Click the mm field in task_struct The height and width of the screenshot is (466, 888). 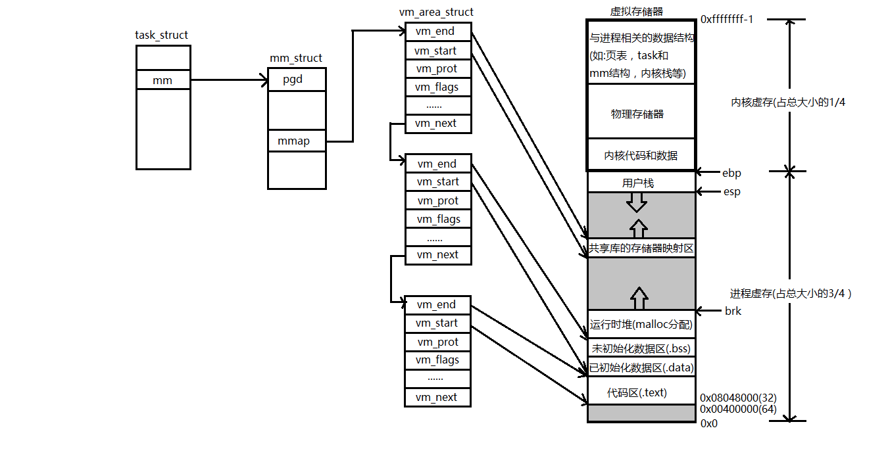pyautogui.click(x=163, y=80)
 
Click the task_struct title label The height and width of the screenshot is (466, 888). pyautogui.click(x=161, y=35)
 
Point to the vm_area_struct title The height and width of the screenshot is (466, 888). pyautogui.click(x=436, y=12)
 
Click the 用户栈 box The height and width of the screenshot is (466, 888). pyautogui.click(x=641, y=182)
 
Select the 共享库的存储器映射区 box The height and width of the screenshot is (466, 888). pyautogui.click(x=641, y=248)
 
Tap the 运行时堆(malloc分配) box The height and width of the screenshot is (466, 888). pyautogui.click(x=641, y=324)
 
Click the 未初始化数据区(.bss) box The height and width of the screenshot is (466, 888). pyautogui.click(x=641, y=348)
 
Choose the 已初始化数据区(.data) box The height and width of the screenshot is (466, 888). pyautogui.click(x=641, y=367)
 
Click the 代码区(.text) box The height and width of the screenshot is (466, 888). pyautogui.click(x=641, y=392)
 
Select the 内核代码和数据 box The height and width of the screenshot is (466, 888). pyautogui.click(x=641, y=156)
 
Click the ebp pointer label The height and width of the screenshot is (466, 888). pyautogui.click(x=731, y=173)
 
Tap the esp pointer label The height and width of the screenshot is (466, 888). pyautogui.click(x=731, y=192)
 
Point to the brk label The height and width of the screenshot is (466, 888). pyautogui.click(x=733, y=311)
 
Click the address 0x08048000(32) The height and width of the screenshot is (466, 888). pyautogui.click(x=738, y=398)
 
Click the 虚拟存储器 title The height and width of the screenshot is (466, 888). pyautogui.click(x=636, y=11)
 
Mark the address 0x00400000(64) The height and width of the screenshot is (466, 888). pyautogui.click(x=738, y=409)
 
